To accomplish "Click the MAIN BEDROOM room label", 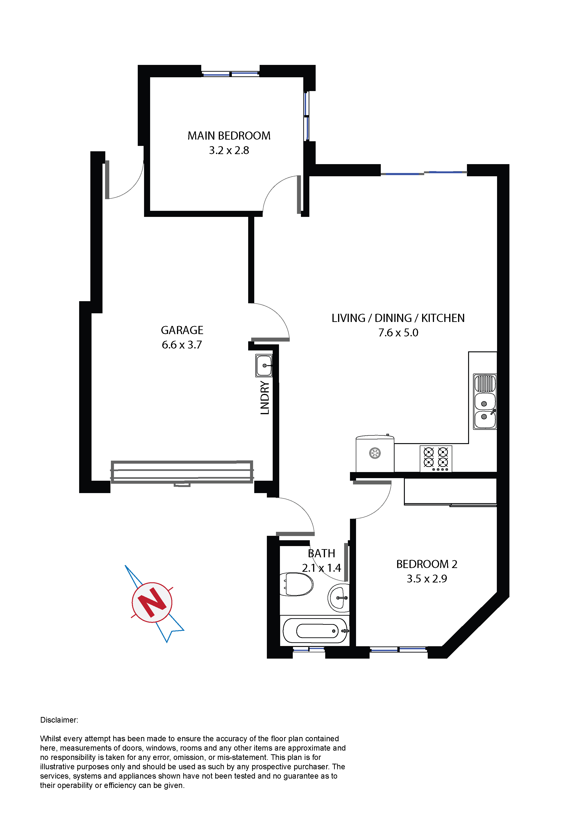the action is pos(229,136).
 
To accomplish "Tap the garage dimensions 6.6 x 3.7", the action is pos(182,345).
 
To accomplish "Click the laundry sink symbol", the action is pos(264,366).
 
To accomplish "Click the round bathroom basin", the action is pos(339,598).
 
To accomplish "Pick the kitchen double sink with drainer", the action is pos(485,402).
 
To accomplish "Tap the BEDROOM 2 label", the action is pos(427,564).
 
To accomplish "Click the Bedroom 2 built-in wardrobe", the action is pos(450,492).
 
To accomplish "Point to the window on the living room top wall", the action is pos(424,173).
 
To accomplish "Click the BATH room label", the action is pos(321,553).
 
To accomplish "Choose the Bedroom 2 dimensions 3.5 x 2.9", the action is pos(427,579).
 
